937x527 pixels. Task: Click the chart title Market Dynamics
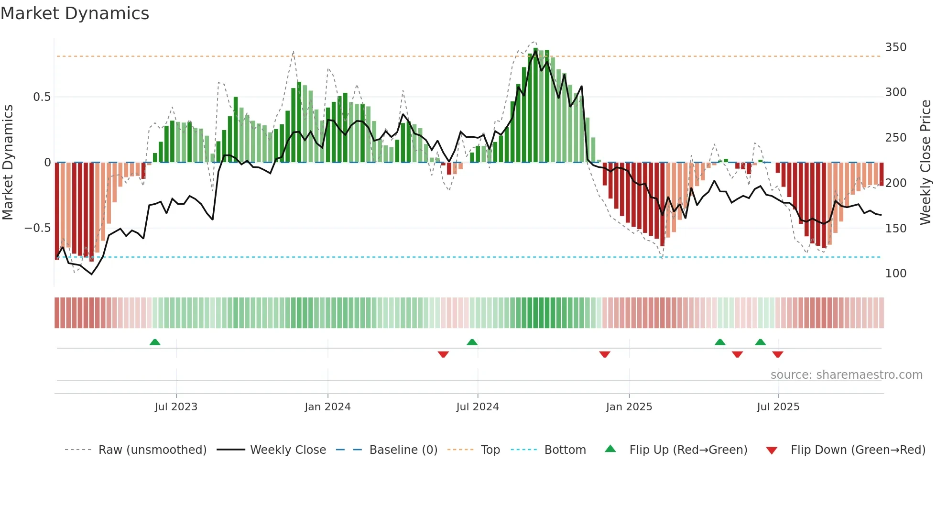[75, 13]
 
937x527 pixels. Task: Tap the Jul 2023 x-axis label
[176, 407]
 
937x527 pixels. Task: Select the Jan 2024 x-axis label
[327, 407]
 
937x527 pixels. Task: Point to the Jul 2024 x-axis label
[477, 407]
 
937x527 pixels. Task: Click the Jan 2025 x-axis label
[629, 407]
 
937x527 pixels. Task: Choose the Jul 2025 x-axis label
[778, 407]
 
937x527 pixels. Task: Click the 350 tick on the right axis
[895, 47]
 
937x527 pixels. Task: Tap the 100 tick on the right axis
[895, 274]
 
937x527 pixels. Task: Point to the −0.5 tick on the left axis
[37, 228]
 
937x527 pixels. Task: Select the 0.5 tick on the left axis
[42, 97]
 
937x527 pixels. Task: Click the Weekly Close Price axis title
[926, 162]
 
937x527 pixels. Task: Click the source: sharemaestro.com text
[846, 375]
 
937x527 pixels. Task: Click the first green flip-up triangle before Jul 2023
[155, 342]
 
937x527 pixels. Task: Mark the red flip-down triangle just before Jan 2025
[605, 354]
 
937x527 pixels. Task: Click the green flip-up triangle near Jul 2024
[472, 342]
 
